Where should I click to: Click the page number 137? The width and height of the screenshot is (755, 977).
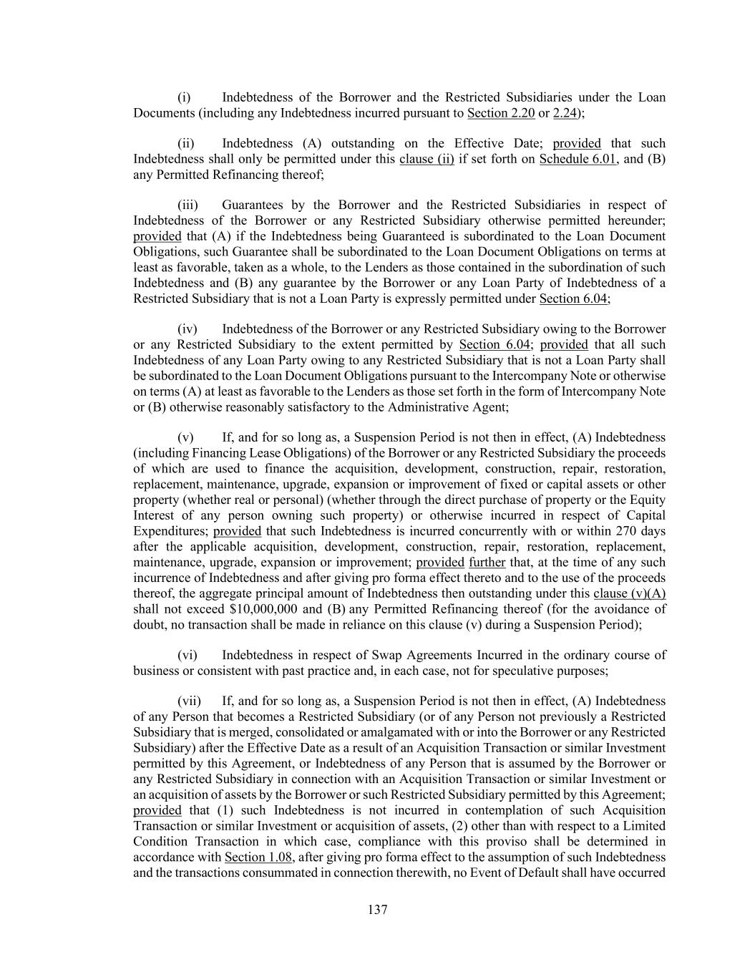[x=377, y=910]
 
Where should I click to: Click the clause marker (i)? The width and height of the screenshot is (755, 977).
[x=184, y=97]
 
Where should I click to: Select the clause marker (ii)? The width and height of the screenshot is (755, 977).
[x=185, y=143]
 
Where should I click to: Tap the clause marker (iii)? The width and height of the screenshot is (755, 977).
[x=187, y=205]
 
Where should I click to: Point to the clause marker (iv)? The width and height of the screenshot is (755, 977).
[x=187, y=329]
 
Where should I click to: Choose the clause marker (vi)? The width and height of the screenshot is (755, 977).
[x=187, y=655]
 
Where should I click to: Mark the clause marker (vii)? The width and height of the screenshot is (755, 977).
[x=189, y=701]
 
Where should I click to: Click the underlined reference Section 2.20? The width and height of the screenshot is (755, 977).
[x=501, y=113]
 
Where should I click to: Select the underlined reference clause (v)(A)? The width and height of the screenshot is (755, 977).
[x=629, y=593]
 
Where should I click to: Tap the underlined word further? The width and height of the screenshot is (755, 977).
[x=487, y=563]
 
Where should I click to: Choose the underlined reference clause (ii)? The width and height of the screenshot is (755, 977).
[x=427, y=159]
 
